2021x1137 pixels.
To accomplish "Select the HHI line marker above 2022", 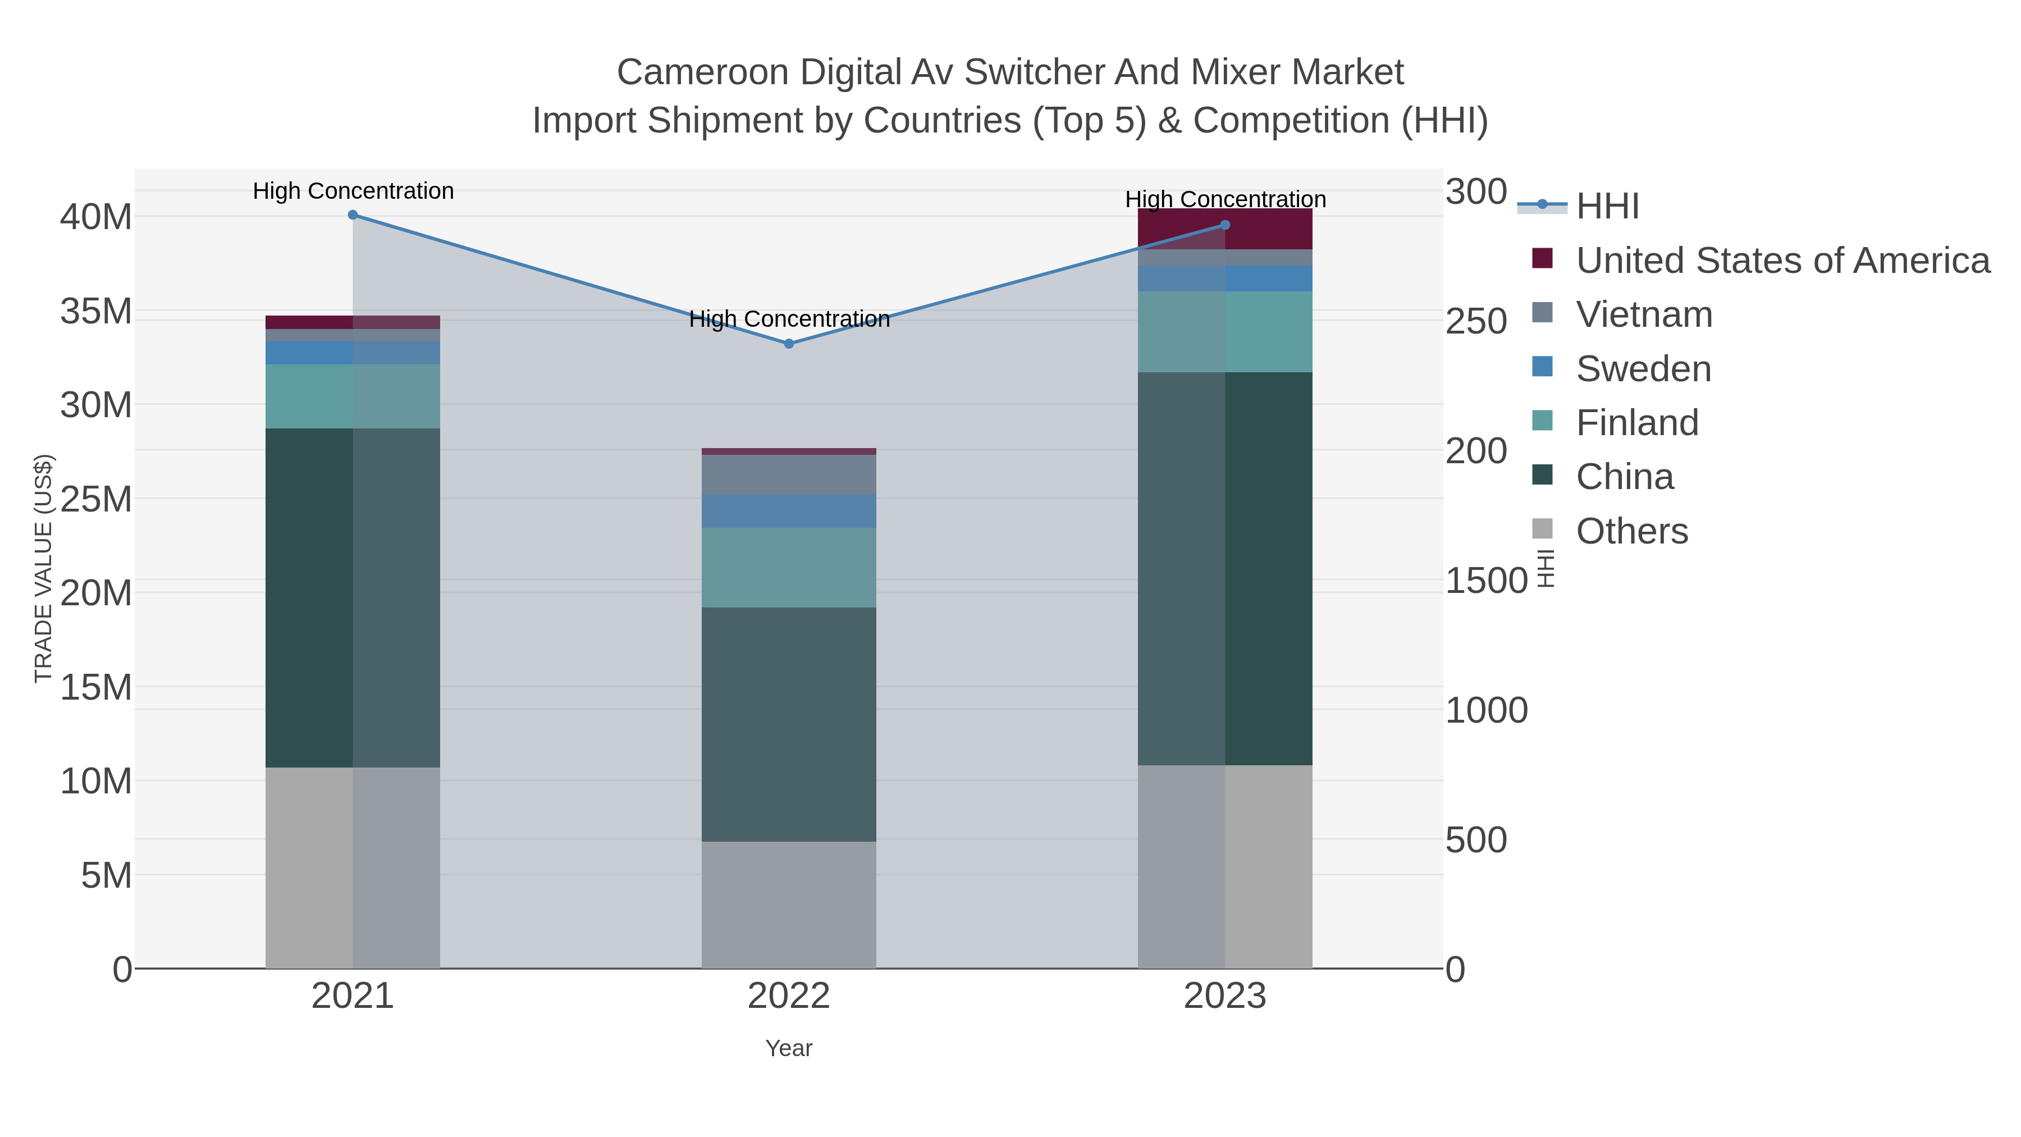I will tap(789, 344).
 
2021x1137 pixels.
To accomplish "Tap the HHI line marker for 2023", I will tap(1225, 225).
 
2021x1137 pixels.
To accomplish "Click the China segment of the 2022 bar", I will tap(789, 724).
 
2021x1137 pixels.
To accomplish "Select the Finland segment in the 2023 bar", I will tap(1225, 331).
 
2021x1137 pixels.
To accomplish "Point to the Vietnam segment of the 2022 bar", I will tap(789, 474).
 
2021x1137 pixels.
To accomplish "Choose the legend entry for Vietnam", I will tap(1644, 314).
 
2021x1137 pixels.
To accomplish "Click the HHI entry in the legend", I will tap(1607, 207).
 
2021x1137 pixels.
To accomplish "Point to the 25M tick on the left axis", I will tap(95, 499).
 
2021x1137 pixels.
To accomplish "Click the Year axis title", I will tap(789, 1048).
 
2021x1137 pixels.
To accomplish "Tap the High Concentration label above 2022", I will tap(789, 319).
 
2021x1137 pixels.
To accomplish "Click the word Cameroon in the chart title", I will tap(702, 72).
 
